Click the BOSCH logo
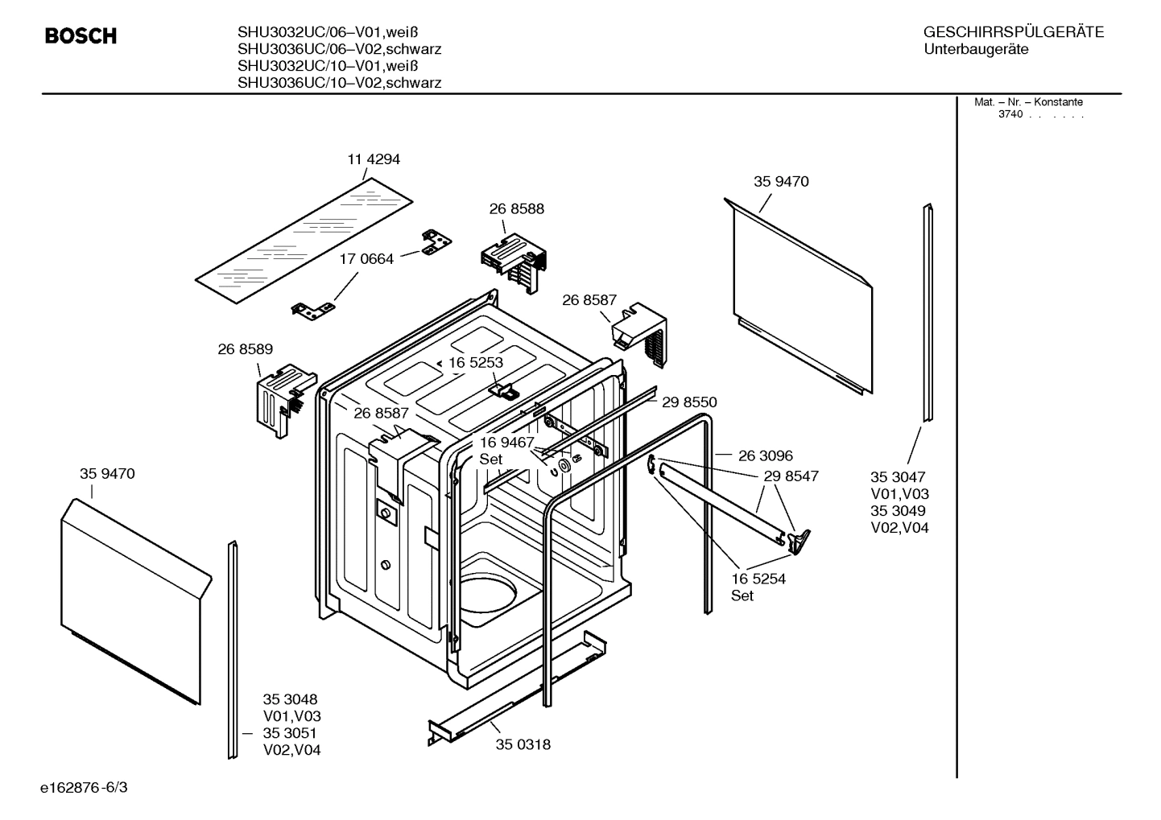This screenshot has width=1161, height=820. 81,36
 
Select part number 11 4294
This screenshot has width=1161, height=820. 374,159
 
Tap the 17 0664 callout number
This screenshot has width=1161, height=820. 366,259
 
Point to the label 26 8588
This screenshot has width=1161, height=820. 516,208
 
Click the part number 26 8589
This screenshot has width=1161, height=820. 245,349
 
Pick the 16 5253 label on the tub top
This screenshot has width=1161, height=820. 475,363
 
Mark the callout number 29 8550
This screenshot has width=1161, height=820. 689,402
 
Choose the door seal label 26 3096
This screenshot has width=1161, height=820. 765,456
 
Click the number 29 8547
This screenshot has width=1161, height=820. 791,476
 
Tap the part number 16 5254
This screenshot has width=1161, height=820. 758,579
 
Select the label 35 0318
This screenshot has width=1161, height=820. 523,744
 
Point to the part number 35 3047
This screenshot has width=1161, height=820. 898,476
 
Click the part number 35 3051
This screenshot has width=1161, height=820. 290,733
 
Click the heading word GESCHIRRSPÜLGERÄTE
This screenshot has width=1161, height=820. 1013,32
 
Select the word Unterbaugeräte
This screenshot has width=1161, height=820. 976,49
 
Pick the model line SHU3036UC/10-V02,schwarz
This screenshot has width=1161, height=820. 339,82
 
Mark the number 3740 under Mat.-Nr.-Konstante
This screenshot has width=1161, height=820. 1010,114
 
